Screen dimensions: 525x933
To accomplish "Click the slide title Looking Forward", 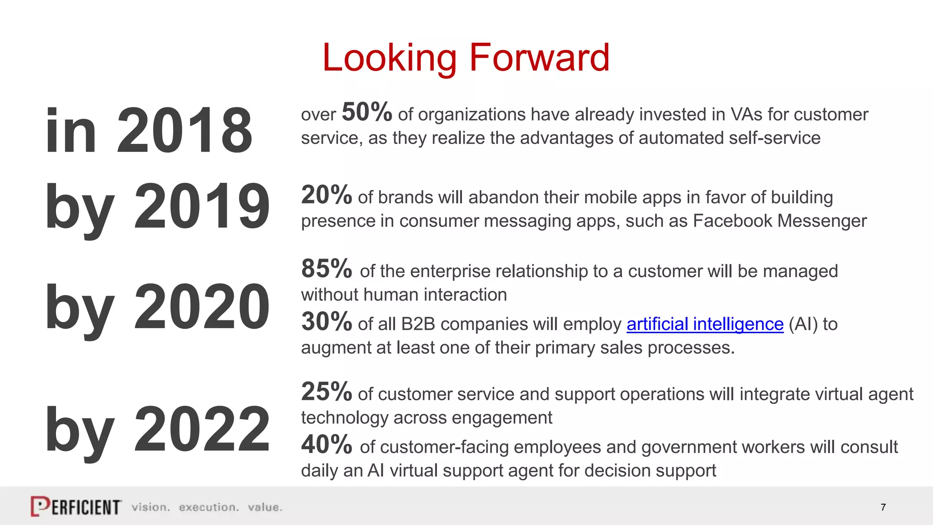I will point(466,57).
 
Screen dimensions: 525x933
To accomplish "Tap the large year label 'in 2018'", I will point(149,131).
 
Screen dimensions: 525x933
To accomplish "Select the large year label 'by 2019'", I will point(158,206).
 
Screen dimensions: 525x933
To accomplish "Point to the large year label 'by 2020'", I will point(158,307).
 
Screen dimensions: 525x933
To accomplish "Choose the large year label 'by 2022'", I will point(158,430).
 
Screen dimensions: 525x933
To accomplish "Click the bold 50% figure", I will point(367,112).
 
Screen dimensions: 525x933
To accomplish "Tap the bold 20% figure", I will point(327,195).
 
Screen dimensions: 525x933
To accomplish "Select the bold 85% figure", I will point(327,269).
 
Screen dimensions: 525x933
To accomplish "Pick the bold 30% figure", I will point(327,322).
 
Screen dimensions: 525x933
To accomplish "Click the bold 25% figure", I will point(327,392).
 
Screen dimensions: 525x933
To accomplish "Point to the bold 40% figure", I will point(327,445).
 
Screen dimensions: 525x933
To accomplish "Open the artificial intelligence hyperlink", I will point(705,324).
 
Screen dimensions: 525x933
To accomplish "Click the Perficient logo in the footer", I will point(76,506).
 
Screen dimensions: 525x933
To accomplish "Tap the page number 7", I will point(883,507).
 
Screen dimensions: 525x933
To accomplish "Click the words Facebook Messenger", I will point(779,221).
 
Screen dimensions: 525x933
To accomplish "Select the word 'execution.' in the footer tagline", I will point(209,507).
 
